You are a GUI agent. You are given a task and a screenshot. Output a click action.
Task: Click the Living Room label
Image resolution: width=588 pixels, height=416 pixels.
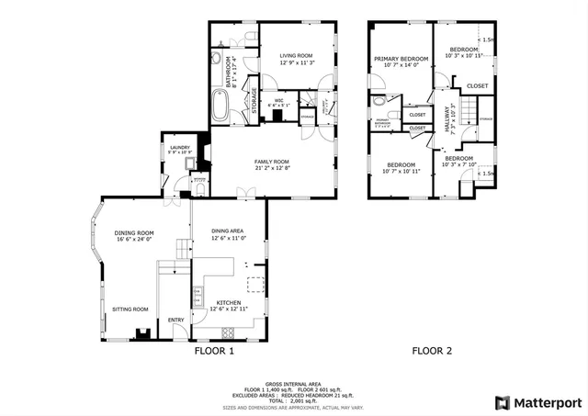(x=297, y=56)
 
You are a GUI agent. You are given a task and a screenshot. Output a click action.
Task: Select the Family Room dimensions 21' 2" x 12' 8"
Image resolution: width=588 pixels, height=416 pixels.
(x=272, y=168)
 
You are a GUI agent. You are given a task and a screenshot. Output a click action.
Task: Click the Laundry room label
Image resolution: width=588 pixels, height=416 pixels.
(x=179, y=147)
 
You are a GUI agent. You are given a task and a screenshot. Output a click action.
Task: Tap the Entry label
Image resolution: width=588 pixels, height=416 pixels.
(x=175, y=320)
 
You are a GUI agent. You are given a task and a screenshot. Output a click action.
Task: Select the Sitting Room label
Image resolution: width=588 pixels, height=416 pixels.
(x=130, y=309)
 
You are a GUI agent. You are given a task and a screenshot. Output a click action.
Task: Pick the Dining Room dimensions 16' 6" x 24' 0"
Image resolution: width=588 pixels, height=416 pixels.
(x=134, y=240)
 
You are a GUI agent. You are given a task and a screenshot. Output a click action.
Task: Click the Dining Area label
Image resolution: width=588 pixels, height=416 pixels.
(x=228, y=230)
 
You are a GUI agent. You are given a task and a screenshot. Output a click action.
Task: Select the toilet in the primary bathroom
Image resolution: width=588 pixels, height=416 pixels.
(x=378, y=102)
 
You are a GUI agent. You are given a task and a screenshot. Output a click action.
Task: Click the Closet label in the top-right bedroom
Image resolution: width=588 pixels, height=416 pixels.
(x=477, y=85)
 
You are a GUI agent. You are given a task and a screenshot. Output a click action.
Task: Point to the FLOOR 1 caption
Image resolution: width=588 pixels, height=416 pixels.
(x=215, y=350)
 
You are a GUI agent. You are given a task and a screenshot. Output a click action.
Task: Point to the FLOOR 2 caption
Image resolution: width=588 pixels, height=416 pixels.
(x=432, y=350)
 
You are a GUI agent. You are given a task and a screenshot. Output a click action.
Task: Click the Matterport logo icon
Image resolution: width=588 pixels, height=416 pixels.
(x=501, y=402)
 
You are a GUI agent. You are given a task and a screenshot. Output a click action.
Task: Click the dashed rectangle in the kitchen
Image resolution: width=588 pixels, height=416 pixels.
(x=258, y=283)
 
